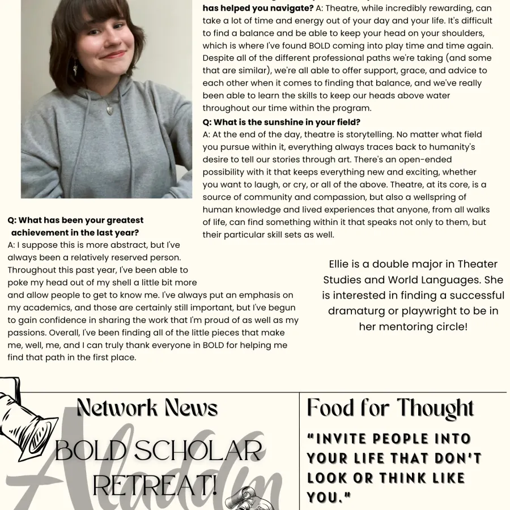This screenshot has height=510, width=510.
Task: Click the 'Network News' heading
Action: point(147,407)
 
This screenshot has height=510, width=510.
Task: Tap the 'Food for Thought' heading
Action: point(390,408)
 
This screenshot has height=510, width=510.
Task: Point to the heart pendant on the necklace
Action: point(109,109)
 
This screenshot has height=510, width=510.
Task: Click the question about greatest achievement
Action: point(75,226)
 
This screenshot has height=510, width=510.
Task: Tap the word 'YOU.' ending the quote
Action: point(329,497)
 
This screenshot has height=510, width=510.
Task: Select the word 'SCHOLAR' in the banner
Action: point(199,451)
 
